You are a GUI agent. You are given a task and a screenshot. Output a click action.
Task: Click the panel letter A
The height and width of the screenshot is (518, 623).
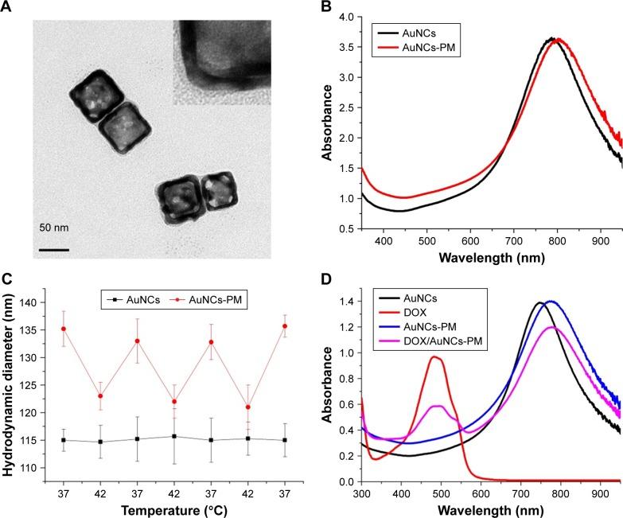8,8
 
